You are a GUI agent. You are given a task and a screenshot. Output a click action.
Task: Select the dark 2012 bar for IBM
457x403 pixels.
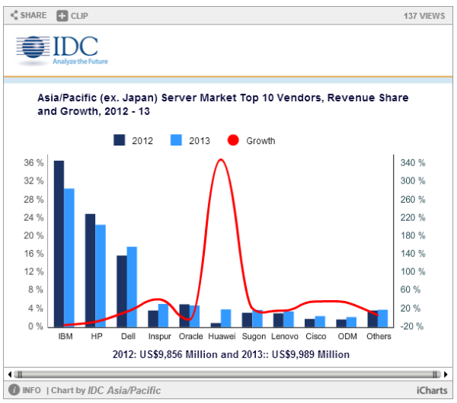[x=59, y=244]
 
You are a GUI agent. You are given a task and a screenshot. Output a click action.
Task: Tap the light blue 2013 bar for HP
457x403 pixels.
[x=101, y=275]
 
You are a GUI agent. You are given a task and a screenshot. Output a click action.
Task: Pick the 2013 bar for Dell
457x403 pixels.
[x=132, y=286]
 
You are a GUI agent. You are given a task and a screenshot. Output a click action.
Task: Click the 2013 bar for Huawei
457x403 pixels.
[x=226, y=318]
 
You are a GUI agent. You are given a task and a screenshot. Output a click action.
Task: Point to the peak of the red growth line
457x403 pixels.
[x=221, y=159]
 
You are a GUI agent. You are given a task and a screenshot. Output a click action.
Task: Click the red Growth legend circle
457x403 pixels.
[x=233, y=140]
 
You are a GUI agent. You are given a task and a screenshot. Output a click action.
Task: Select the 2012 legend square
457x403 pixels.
[x=120, y=140]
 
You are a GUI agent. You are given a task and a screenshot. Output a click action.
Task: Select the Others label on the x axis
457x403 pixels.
[x=378, y=336]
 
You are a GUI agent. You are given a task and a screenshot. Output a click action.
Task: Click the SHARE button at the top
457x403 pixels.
[x=28, y=15]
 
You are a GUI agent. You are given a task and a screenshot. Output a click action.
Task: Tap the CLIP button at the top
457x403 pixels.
[x=73, y=15]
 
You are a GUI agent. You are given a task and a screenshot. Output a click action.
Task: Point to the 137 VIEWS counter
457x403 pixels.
[x=424, y=15]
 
